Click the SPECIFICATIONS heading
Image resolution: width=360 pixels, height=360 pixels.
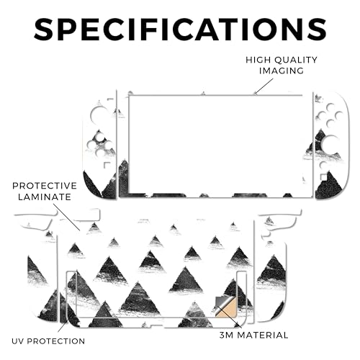[180, 28]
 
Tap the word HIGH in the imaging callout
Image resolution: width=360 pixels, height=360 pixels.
[258, 60]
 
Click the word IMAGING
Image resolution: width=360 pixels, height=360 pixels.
[282, 71]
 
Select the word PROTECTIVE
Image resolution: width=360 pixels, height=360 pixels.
[45, 186]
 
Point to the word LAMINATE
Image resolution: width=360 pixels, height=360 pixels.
[45, 197]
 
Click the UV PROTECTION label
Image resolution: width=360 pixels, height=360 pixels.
[48, 341]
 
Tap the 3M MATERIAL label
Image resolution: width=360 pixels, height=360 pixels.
[254, 335]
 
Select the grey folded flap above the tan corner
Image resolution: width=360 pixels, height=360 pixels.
[222, 303]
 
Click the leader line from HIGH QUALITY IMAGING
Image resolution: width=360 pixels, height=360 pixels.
[264, 86]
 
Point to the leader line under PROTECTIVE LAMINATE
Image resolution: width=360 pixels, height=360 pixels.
[66, 217]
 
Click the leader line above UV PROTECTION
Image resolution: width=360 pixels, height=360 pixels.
[63, 325]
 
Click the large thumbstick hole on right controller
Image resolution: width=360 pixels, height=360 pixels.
[330, 143]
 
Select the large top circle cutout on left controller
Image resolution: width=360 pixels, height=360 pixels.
[99, 114]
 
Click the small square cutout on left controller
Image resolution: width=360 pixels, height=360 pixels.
[107, 166]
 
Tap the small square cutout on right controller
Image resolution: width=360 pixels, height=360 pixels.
[324, 177]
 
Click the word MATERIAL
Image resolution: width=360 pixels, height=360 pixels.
[263, 335]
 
